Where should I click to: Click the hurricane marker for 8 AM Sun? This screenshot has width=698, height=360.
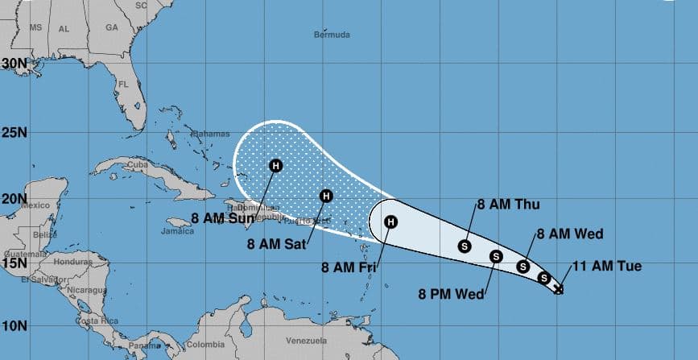(x=275, y=166)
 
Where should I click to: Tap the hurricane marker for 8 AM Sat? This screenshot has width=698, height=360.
(x=326, y=195)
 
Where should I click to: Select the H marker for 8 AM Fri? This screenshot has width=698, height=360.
(x=390, y=221)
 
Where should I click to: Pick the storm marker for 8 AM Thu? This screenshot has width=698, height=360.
(x=465, y=246)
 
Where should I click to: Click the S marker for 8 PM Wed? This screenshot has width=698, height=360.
(x=495, y=257)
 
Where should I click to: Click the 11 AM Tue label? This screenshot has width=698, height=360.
(x=607, y=267)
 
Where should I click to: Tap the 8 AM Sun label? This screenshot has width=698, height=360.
(x=224, y=217)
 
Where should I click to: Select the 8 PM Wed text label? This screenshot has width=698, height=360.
(x=451, y=293)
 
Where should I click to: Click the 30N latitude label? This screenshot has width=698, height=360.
(x=14, y=63)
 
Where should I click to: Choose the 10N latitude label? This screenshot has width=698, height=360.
(x=14, y=325)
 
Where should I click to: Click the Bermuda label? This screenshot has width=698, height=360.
(x=332, y=35)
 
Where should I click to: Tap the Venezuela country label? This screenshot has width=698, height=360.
(x=307, y=340)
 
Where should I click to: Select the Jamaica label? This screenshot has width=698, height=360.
(x=178, y=231)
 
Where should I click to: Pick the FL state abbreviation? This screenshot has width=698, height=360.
(x=124, y=84)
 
